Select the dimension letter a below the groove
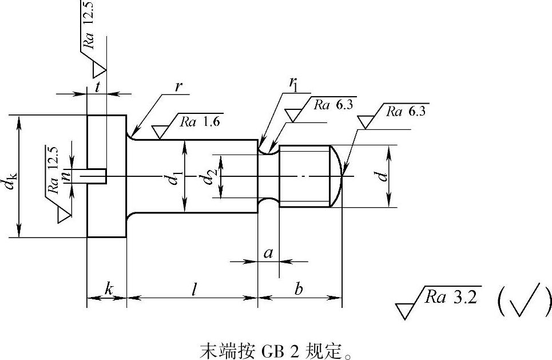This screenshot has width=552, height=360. click(268, 252)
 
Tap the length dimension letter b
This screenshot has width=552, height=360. click(299, 289)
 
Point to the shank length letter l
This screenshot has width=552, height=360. click(194, 290)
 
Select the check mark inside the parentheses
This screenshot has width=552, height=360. click(523, 299)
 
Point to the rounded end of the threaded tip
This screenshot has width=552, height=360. click(337, 176)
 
